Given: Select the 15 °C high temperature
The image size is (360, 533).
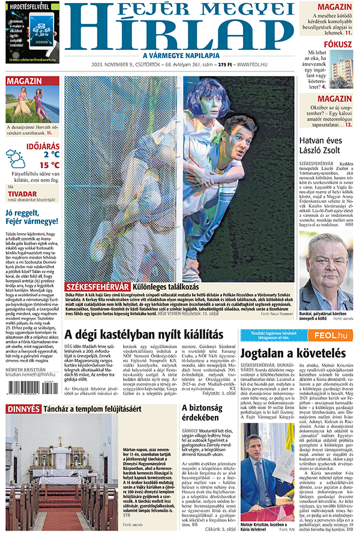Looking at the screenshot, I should tap(50, 165).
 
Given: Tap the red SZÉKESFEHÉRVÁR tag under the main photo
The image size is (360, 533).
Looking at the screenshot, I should tap(96, 287).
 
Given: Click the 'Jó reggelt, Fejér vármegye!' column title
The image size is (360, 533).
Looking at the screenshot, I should tap(32, 217).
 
